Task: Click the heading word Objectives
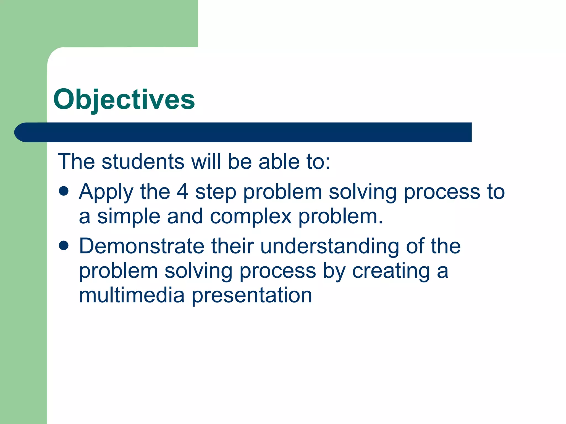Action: pos(124,99)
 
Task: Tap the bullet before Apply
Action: pos(64,191)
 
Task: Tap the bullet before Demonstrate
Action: pos(64,245)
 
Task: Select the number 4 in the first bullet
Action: pos(182,192)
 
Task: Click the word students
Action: pos(143,161)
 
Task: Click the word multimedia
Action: pos(132,295)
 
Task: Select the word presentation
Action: pos(252,296)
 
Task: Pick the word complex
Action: pos(251,217)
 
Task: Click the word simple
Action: pos(129,217)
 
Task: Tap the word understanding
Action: pos(329,246)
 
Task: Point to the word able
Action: pos(279,161)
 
